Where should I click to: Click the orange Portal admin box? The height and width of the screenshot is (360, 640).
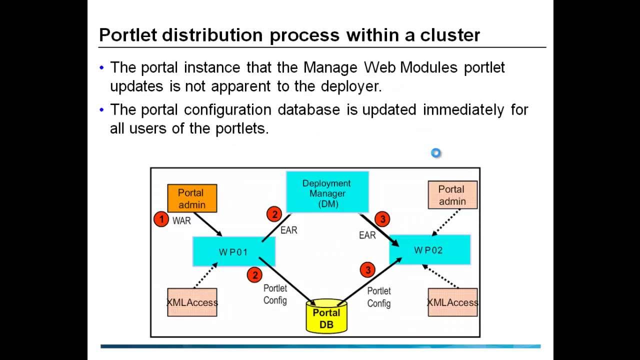coord(191,198)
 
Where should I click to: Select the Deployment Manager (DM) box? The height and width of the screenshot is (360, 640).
coord(327,192)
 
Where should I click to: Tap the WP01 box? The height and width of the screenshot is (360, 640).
coord(233,251)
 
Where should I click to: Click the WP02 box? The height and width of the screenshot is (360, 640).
coord(429,249)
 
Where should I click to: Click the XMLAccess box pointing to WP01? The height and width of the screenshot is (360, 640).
coord(192,302)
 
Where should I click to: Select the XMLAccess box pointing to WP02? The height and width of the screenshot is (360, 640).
coord(452,302)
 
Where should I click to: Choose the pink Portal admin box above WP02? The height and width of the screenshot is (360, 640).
coord(452,195)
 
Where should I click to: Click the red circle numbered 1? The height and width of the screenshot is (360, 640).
coord(161,219)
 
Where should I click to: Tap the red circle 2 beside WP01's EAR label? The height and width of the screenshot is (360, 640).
coord(274,214)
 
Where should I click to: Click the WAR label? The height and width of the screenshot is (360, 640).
coord(181,220)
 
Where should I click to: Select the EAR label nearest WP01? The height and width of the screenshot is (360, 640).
coord(289,230)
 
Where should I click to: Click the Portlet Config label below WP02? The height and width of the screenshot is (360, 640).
coord(379,297)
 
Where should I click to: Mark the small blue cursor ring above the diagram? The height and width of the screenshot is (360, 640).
coord(436,153)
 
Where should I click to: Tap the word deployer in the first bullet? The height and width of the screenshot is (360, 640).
coord(352,86)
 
